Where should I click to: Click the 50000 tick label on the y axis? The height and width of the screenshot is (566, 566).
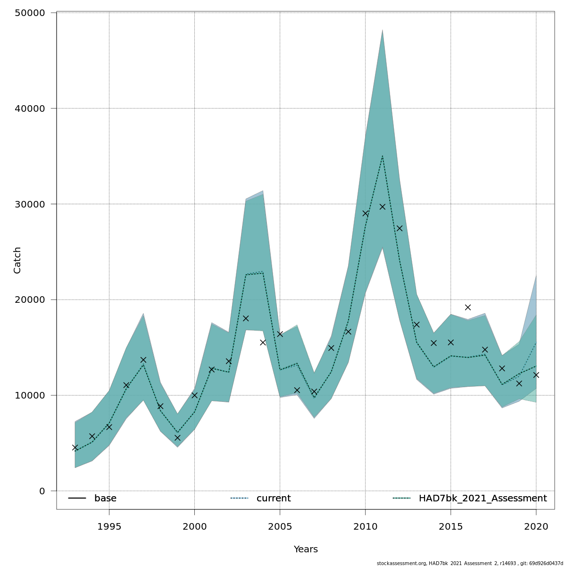click(x=32, y=13)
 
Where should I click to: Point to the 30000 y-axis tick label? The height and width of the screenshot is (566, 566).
click(x=32, y=204)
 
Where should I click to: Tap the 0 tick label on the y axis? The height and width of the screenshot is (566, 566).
click(x=42, y=491)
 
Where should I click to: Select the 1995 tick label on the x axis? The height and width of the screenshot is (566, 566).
click(x=109, y=526)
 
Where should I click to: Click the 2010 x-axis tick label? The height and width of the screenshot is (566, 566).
click(x=365, y=526)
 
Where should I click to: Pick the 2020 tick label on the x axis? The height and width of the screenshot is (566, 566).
click(x=536, y=526)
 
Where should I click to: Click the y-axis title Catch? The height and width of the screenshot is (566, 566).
click(x=17, y=260)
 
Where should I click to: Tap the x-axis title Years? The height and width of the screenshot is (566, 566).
click(x=306, y=549)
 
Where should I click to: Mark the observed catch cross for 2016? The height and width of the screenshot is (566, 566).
click(x=468, y=308)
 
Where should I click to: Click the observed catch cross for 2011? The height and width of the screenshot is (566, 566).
click(x=383, y=207)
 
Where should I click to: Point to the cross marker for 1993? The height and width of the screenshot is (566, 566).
click(x=75, y=448)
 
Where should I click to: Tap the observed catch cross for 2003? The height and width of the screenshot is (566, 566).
click(x=246, y=318)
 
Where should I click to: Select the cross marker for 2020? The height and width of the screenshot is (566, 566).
click(x=536, y=375)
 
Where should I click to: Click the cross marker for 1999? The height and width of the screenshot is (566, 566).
click(x=177, y=438)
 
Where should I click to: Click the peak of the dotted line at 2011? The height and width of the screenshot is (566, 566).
click(x=383, y=156)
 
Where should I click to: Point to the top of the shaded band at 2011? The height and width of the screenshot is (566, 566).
click(x=383, y=30)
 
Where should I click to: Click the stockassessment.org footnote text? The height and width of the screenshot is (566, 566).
click(x=470, y=563)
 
